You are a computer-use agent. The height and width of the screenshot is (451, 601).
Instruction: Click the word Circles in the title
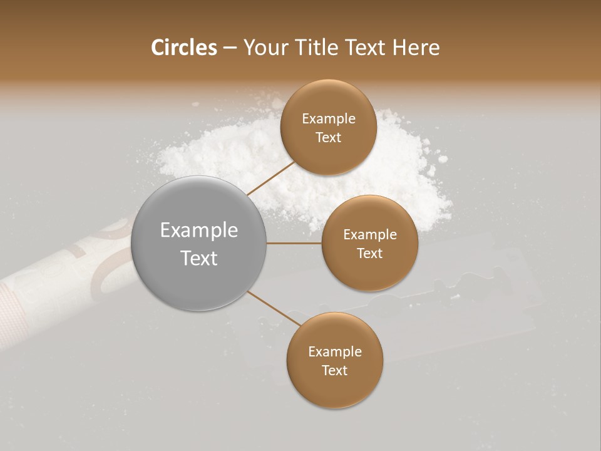coord(183,48)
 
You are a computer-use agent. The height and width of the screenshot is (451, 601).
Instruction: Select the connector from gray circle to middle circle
coord(294,243)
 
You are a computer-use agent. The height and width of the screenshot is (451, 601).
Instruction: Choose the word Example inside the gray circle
coord(199,231)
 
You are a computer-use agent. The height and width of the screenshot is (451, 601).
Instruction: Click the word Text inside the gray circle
coord(199,258)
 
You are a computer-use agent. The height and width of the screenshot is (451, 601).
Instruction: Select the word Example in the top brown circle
coord(329,119)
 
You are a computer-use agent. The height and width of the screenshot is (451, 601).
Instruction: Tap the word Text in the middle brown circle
coord(369,254)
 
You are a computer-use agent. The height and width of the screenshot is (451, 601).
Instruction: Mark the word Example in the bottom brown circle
coord(334,352)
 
